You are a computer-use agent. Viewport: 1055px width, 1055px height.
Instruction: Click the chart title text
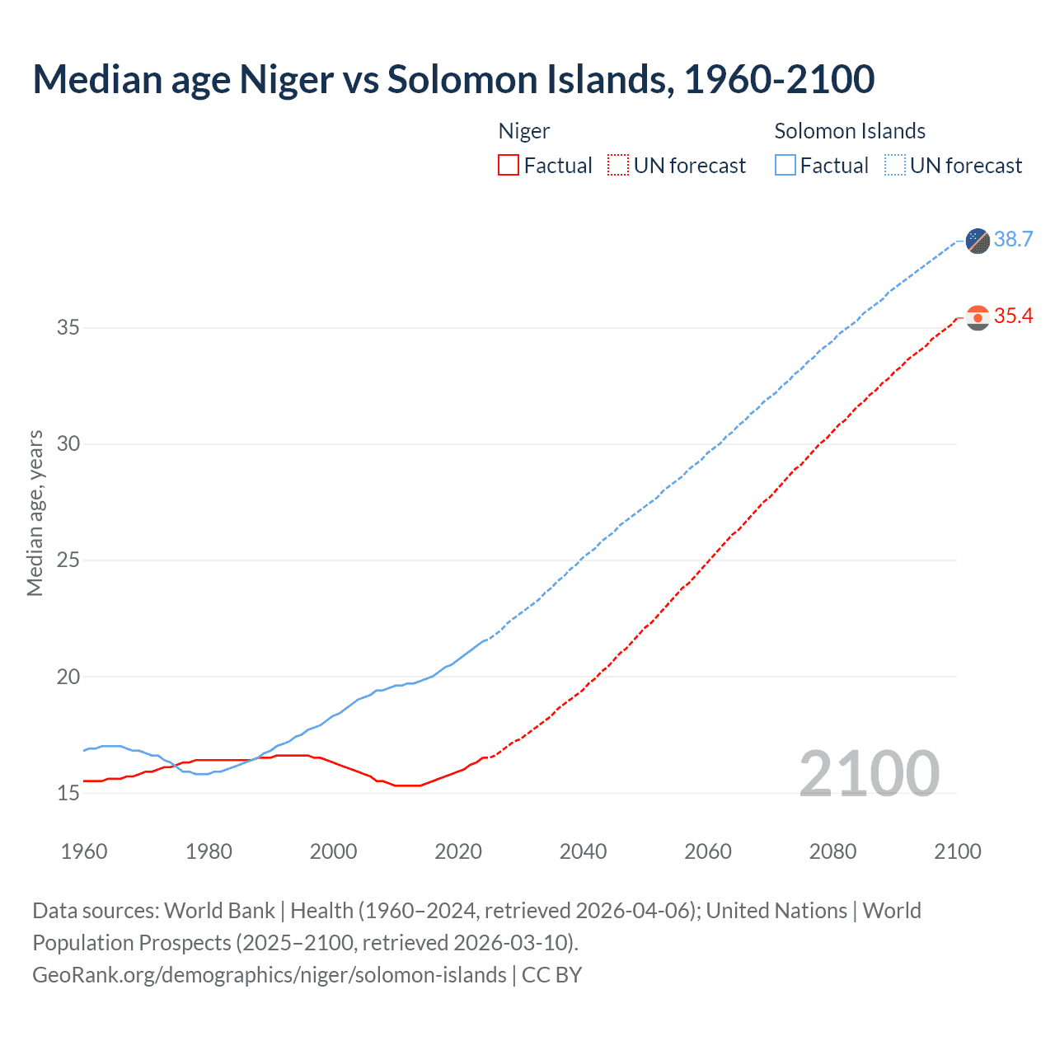pos(453,80)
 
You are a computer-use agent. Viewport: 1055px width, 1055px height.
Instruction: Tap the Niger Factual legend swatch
pos(509,166)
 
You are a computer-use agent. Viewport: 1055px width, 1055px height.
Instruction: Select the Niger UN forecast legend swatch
pos(618,166)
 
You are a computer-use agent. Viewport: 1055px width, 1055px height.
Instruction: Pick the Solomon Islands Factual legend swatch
pos(785,166)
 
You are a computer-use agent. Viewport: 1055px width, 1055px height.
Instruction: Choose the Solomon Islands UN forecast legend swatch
pos(895,166)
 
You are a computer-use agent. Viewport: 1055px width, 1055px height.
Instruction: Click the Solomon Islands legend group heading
pos(850,131)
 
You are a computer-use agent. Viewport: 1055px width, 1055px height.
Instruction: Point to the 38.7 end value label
pos(1013,240)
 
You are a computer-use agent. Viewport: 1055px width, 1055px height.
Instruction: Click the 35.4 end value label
pos(1013,316)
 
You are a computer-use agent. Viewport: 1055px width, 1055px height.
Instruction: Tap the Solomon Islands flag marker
pos(978,241)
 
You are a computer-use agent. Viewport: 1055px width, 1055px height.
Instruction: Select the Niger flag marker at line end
pos(978,317)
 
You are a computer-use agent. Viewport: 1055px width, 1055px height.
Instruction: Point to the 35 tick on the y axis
pos(68,328)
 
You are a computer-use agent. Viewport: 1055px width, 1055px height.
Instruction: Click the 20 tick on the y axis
pos(68,677)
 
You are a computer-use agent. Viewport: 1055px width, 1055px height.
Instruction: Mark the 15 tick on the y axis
pos(68,793)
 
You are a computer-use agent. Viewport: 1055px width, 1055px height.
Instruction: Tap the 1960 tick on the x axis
pos(84,851)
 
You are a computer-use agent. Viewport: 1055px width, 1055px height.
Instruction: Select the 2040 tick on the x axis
pos(583,851)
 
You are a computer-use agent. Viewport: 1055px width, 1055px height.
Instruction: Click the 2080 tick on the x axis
pos(832,851)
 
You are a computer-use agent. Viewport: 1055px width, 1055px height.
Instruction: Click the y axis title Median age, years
pos(35,513)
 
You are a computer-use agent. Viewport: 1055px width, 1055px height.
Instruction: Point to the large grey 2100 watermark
pos(870,773)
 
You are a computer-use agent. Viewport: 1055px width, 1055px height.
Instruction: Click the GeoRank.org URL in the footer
pos(270,975)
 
